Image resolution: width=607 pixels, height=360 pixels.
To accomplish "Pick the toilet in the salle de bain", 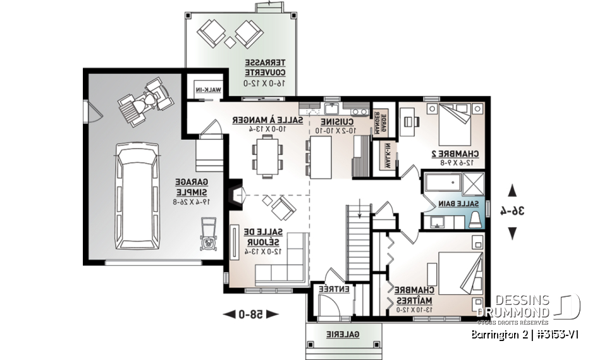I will pos(475,219).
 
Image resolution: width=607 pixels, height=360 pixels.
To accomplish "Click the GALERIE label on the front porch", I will pos(343,334).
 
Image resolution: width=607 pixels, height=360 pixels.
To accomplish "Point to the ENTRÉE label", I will pos(334,289).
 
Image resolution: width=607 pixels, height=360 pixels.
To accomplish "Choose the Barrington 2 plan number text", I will pos(525,333).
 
